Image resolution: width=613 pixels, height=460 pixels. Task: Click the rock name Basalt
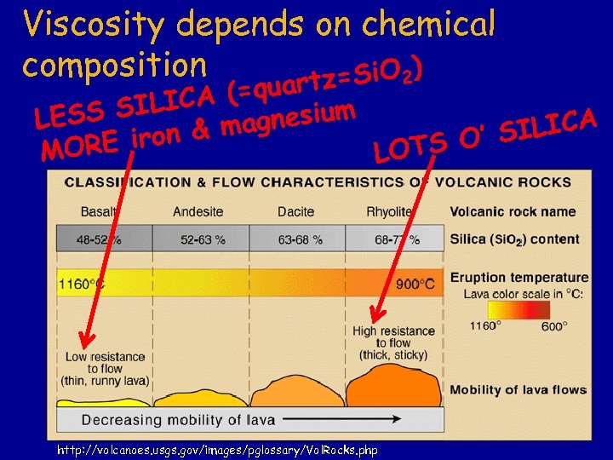tap(99, 211)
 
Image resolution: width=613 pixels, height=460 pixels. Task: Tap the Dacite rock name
tap(295, 211)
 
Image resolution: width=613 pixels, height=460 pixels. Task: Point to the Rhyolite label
tap(389, 211)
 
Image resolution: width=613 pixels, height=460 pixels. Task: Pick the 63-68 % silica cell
tap(300, 239)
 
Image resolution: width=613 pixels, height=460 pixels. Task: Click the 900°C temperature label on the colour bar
tap(416, 284)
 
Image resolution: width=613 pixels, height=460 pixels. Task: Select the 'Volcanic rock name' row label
tap(513, 211)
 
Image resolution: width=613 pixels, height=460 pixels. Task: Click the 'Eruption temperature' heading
tap(518, 277)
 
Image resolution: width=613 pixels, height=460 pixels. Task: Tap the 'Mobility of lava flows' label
tap(518, 390)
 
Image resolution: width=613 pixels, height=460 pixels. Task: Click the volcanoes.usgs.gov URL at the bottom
tap(216, 449)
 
